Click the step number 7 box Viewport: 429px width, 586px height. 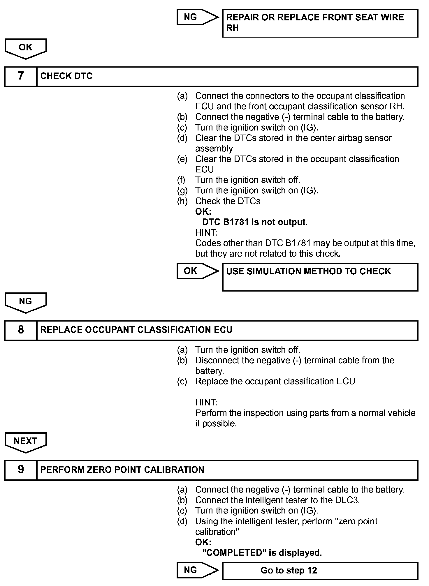point(21,76)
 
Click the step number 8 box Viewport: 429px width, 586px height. point(21,330)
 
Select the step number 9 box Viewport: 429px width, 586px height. point(21,470)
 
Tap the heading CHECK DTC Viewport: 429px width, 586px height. point(66,76)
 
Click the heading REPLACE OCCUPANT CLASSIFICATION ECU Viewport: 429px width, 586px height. point(136,330)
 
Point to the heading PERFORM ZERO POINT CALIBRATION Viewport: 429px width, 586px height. point(122,470)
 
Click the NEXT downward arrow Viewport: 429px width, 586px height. point(26,442)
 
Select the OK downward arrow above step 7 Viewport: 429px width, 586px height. point(26,48)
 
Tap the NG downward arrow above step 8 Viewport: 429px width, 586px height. point(26,302)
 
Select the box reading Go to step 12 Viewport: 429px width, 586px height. point(320,571)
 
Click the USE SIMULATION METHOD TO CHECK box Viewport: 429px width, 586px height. point(320,277)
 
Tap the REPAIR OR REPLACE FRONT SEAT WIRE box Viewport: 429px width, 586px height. point(320,23)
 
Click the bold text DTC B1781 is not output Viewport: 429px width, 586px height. point(255,222)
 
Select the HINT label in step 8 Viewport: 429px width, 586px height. point(206,403)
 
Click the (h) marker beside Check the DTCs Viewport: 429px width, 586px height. point(182,201)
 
